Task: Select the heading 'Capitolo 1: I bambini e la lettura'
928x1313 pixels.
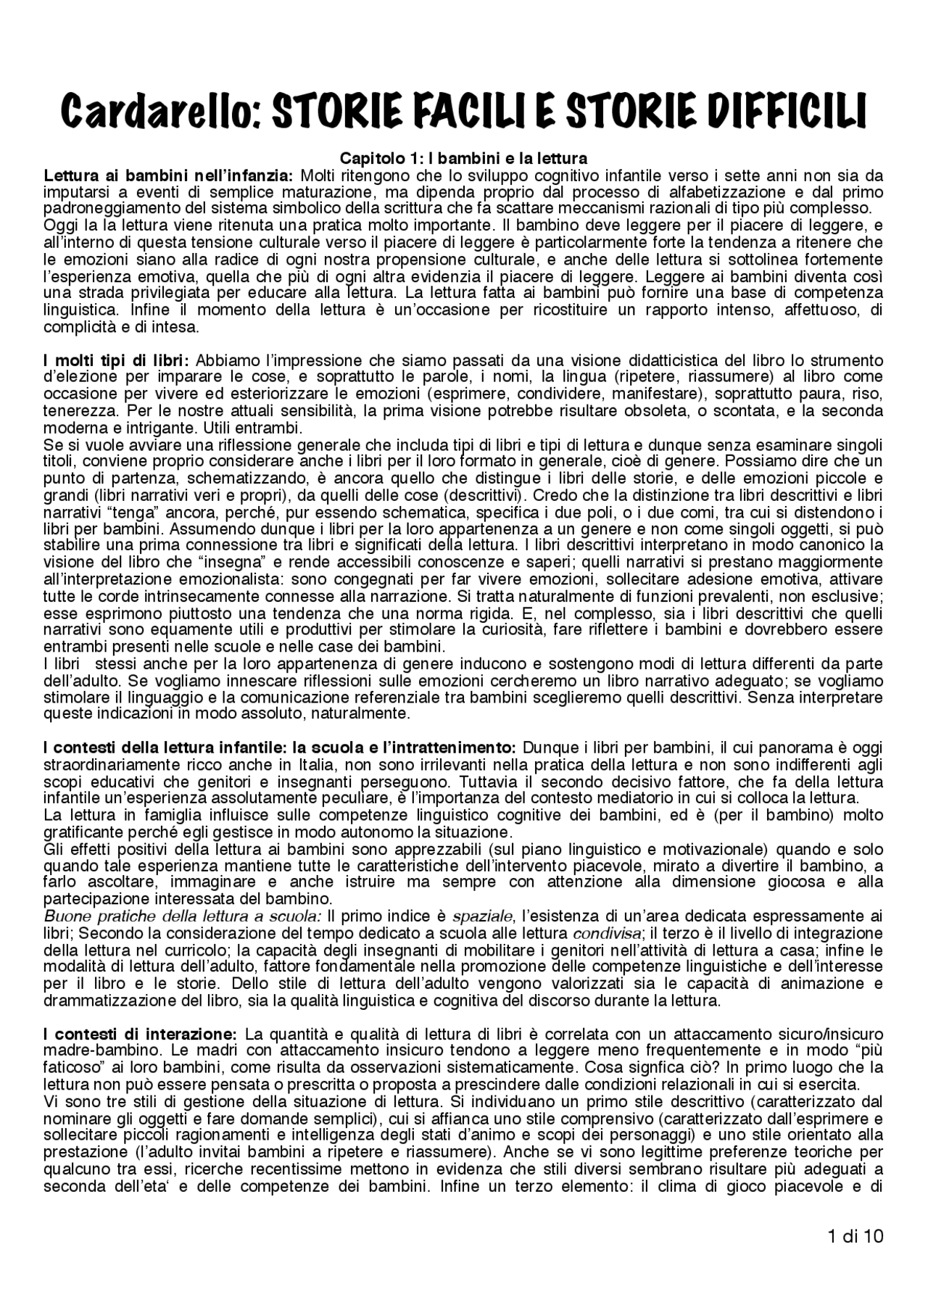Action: (463, 157)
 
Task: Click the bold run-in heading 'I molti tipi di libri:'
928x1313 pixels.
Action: (116, 360)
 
